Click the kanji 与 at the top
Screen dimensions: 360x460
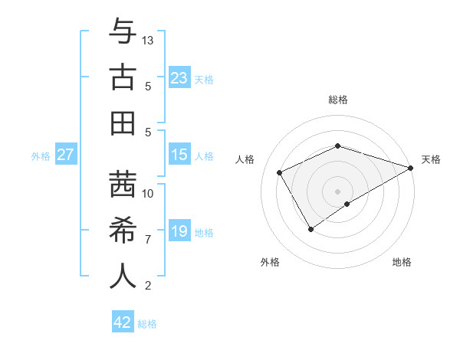tap(123, 33)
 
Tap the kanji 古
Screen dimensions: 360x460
tap(123, 77)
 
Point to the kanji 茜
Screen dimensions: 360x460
tap(123, 185)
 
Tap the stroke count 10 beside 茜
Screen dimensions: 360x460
tap(149, 193)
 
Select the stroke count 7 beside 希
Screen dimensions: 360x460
tap(148, 240)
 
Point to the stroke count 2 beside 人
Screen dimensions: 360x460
tap(148, 286)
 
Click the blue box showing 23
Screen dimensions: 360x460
tap(179, 78)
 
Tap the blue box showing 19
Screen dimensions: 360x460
tap(179, 231)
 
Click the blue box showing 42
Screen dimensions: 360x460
tap(123, 322)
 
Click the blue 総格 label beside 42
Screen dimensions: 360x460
tap(147, 324)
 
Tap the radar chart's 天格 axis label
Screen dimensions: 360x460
tap(431, 159)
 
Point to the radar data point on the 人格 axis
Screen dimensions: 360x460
tap(279, 173)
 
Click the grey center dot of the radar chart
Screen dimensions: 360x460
tap(337, 191)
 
